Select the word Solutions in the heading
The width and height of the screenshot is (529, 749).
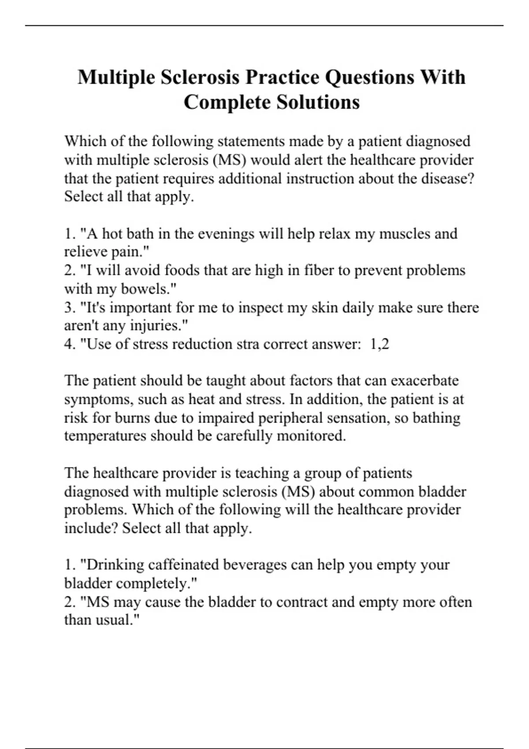pyautogui.click(x=318, y=103)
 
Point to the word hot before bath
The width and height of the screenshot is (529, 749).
pyautogui.click(x=112, y=234)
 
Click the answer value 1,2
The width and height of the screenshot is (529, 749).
pyautogui.click(x=380, y=344)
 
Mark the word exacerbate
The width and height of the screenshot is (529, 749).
pyautogui.click(x=425, y=381)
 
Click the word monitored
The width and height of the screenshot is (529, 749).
pyautogui.click(x=311, y=436)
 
